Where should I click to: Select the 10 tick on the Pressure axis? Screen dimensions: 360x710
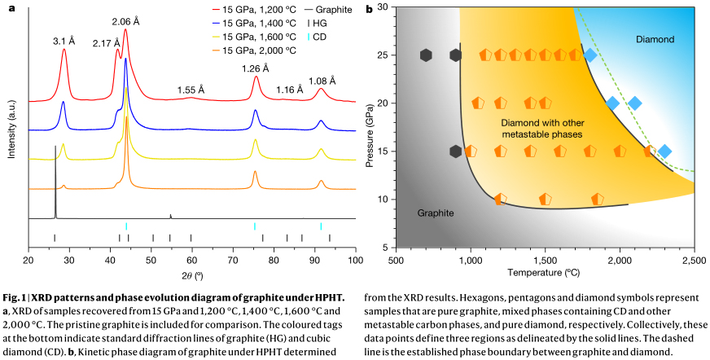click(383, 200)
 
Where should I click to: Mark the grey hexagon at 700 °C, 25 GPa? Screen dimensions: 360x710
click(426, 55)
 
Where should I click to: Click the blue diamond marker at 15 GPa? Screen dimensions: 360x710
click(664, 151)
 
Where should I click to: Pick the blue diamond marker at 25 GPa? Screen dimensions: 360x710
click(590, 55)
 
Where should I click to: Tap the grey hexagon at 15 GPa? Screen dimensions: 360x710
click(456, 151)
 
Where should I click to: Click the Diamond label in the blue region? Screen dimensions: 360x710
click(655, 39)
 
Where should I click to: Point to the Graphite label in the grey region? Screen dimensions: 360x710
click(436, 213)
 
